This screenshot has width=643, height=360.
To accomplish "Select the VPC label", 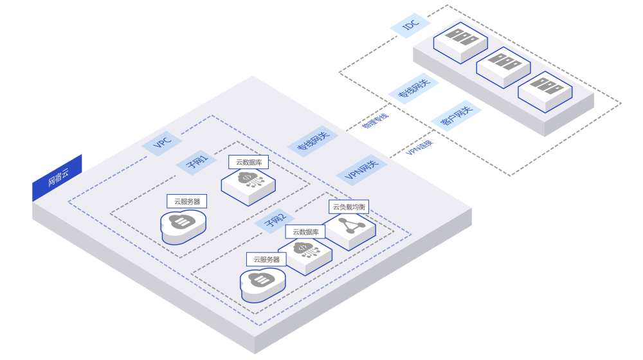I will point(162,143).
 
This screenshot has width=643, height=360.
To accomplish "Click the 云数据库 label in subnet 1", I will point(248,162).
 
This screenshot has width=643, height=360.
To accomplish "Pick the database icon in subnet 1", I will point(248,183).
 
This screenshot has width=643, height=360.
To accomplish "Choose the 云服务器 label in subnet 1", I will point(186,201).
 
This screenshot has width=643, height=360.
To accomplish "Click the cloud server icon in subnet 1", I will point(183,226).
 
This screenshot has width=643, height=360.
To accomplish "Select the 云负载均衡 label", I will point(349,206).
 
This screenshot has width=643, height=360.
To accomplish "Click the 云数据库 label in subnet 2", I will point(305,231).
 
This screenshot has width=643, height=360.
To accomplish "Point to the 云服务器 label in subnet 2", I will point(266,259).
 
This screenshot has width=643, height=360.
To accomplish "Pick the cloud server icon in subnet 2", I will point(262,283).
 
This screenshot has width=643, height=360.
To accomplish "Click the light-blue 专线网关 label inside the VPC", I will point(313,141).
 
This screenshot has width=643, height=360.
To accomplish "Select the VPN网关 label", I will point(361,170).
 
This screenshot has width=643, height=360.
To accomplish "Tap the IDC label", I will point(410,25).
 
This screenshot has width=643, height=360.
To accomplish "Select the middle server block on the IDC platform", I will point(503,66).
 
